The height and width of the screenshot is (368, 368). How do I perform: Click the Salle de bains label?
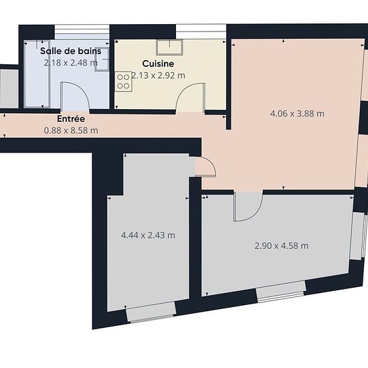(71, 51)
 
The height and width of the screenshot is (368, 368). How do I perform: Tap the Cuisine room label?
(158, 64)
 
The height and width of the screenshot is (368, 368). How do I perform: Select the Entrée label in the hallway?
(71, 118)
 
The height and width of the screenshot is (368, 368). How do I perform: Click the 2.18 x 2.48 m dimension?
(71, 63)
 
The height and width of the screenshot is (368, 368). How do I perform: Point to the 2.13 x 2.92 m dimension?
(158, 76)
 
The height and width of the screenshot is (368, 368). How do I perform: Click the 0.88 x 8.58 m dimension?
(71, 130)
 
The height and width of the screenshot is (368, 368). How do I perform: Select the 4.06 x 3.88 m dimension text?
(297, 114)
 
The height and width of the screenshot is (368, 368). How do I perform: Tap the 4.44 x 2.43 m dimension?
(148, 235)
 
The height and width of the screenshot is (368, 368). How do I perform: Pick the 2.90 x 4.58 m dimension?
(282, 246)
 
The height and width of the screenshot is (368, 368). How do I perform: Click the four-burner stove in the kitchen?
(124, 82)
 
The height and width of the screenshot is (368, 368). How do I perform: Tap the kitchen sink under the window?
(170, 48)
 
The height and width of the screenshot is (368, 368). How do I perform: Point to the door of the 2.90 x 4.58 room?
(248, 207)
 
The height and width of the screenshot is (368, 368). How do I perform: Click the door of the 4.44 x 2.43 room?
(205, 167)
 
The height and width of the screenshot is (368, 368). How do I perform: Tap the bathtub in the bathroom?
(37, 74)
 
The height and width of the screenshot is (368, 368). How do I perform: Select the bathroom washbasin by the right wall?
(102, 60)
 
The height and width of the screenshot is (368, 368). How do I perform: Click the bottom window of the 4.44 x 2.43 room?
(151, 312)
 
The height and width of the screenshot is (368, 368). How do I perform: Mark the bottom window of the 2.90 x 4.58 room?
(281, 292)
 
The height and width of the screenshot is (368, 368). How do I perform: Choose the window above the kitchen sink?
(201, 31)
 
